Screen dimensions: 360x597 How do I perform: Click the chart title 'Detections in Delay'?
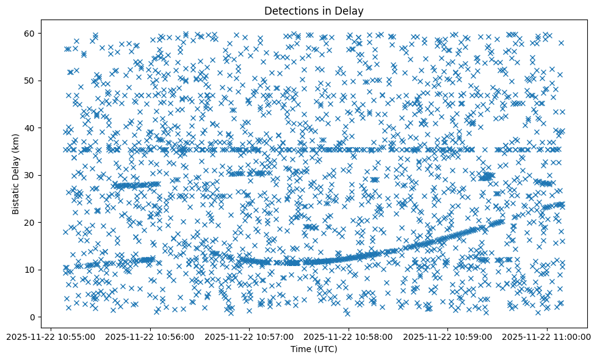coord(314,10)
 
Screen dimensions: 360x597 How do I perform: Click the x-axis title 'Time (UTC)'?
coord(314,349)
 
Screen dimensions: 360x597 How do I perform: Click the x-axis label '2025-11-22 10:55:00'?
coord(51,336)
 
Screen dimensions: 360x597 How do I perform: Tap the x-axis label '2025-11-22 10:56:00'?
coord(150,336)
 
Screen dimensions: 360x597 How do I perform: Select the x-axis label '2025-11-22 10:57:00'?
coord(249,336)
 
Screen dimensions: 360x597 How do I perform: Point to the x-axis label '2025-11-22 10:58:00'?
coord(349,336)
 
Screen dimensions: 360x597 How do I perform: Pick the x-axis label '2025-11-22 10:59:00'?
coord(448,336)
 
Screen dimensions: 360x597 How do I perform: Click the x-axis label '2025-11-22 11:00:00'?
coord(547,336)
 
